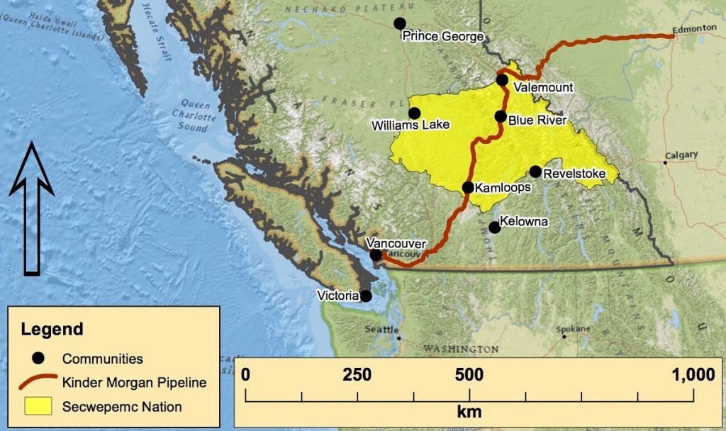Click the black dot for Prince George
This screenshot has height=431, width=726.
pyautogui.click(x=400, y=23)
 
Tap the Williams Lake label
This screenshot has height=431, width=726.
pyautogui.click(x=411, y=125)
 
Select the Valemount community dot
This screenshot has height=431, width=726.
pyautogui.click(x=502, y=80)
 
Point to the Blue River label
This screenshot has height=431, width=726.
pyautogui.click(x=537, y=121)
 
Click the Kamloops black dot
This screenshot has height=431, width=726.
pyautogui.click(x=468, y=187)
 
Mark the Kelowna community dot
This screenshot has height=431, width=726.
pyautogui.click(x=495, y=227)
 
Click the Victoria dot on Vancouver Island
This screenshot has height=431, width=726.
pyautogui.click(x=366, y=296)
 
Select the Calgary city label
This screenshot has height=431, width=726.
pyautogui.click(x=681, y=155)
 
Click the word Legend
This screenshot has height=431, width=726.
pyautogui.click(x=52, y=329)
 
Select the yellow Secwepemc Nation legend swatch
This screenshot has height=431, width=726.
pyautogui.click(x=38, y=406)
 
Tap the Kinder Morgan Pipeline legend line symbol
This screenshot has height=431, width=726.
pyautogui.click(x=38, y=383)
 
